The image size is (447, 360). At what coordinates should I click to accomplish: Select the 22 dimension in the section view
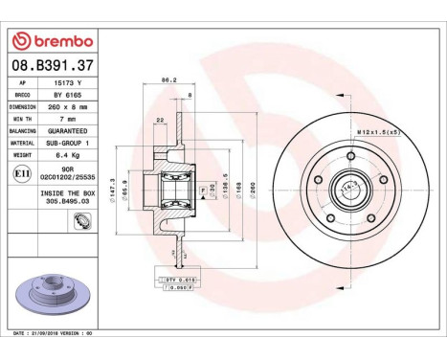(x=159, y=120)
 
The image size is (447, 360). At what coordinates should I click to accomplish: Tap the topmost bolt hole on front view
(x=351, y=155)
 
